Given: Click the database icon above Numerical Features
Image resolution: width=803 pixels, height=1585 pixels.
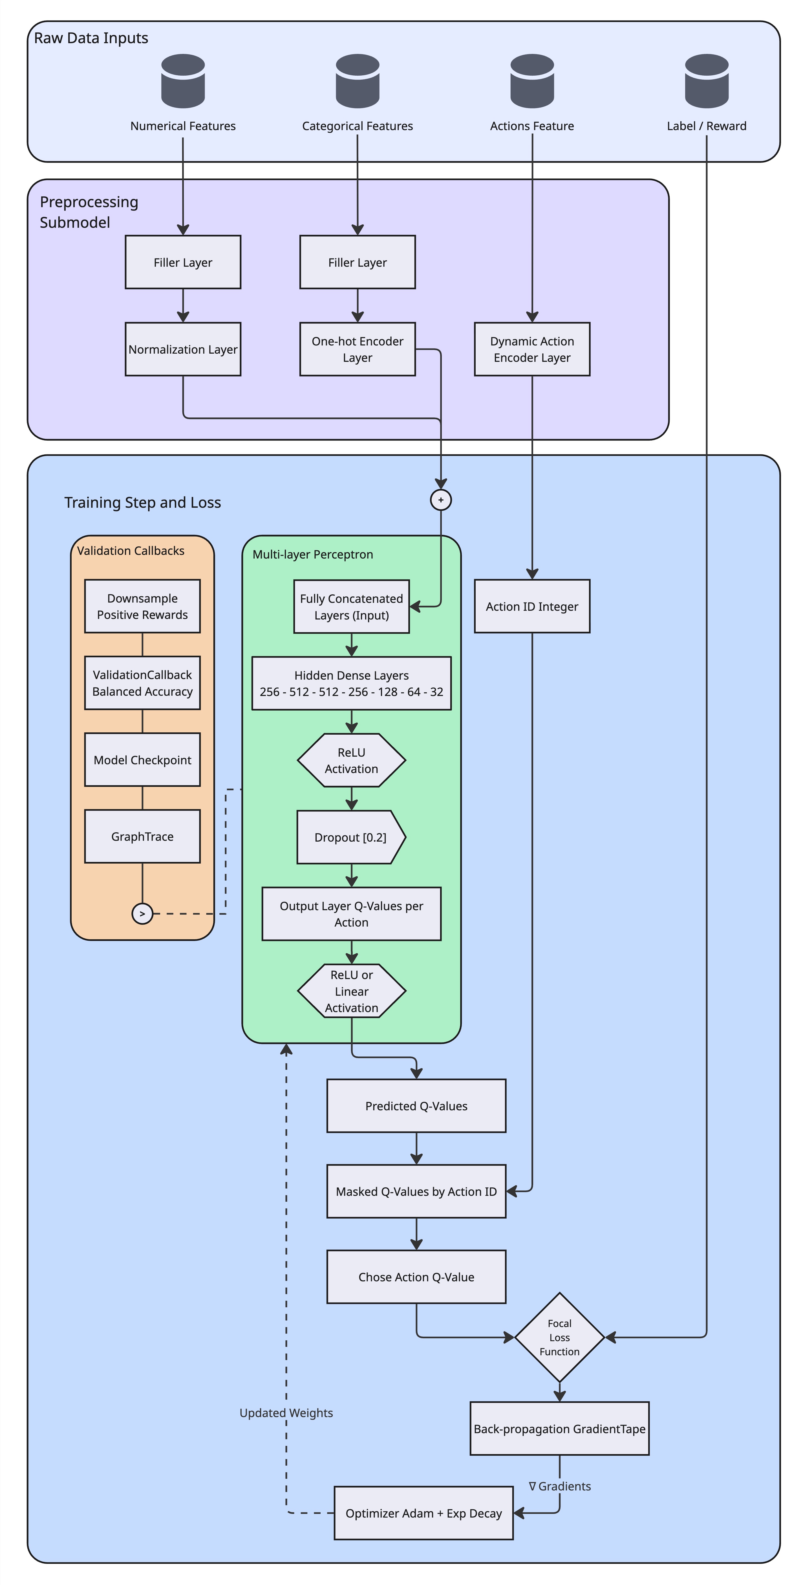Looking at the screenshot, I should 183,81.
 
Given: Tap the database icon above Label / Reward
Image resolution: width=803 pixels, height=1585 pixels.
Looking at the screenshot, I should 707,81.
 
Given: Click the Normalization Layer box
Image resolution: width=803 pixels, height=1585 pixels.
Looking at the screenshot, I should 183,349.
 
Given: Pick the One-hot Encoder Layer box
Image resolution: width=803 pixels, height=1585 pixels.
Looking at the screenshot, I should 357,349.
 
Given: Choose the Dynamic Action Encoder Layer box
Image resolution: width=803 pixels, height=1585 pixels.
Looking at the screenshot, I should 532,349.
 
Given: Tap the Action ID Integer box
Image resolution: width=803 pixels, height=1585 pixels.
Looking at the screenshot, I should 532,606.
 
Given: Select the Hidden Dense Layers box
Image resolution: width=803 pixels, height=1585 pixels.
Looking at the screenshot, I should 351,683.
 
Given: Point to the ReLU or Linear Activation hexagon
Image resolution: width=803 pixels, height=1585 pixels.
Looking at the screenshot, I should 351,991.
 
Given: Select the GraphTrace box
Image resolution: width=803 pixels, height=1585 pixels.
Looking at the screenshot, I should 142,836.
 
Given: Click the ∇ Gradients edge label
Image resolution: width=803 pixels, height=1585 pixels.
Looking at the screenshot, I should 559,1486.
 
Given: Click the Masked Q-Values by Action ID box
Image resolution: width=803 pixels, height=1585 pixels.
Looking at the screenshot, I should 416,1191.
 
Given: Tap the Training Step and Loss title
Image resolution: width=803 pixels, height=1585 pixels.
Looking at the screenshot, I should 143,503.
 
